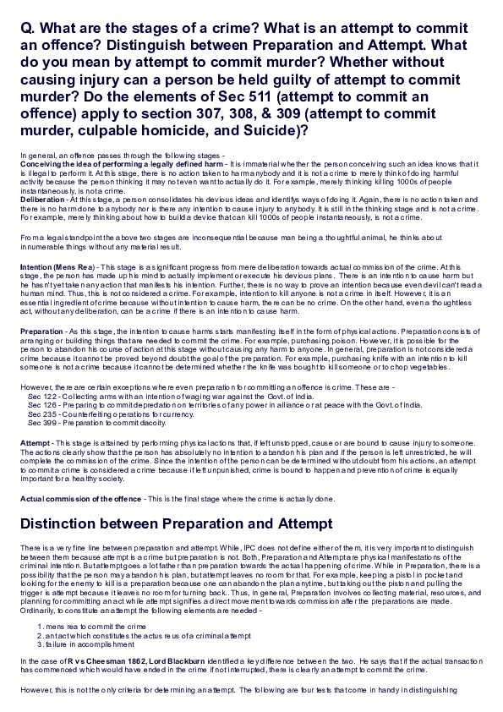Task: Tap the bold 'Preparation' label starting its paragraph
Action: coord(41,332)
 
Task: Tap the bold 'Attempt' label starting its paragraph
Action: coord(35,442)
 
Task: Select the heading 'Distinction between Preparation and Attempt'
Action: coord(176,524)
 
